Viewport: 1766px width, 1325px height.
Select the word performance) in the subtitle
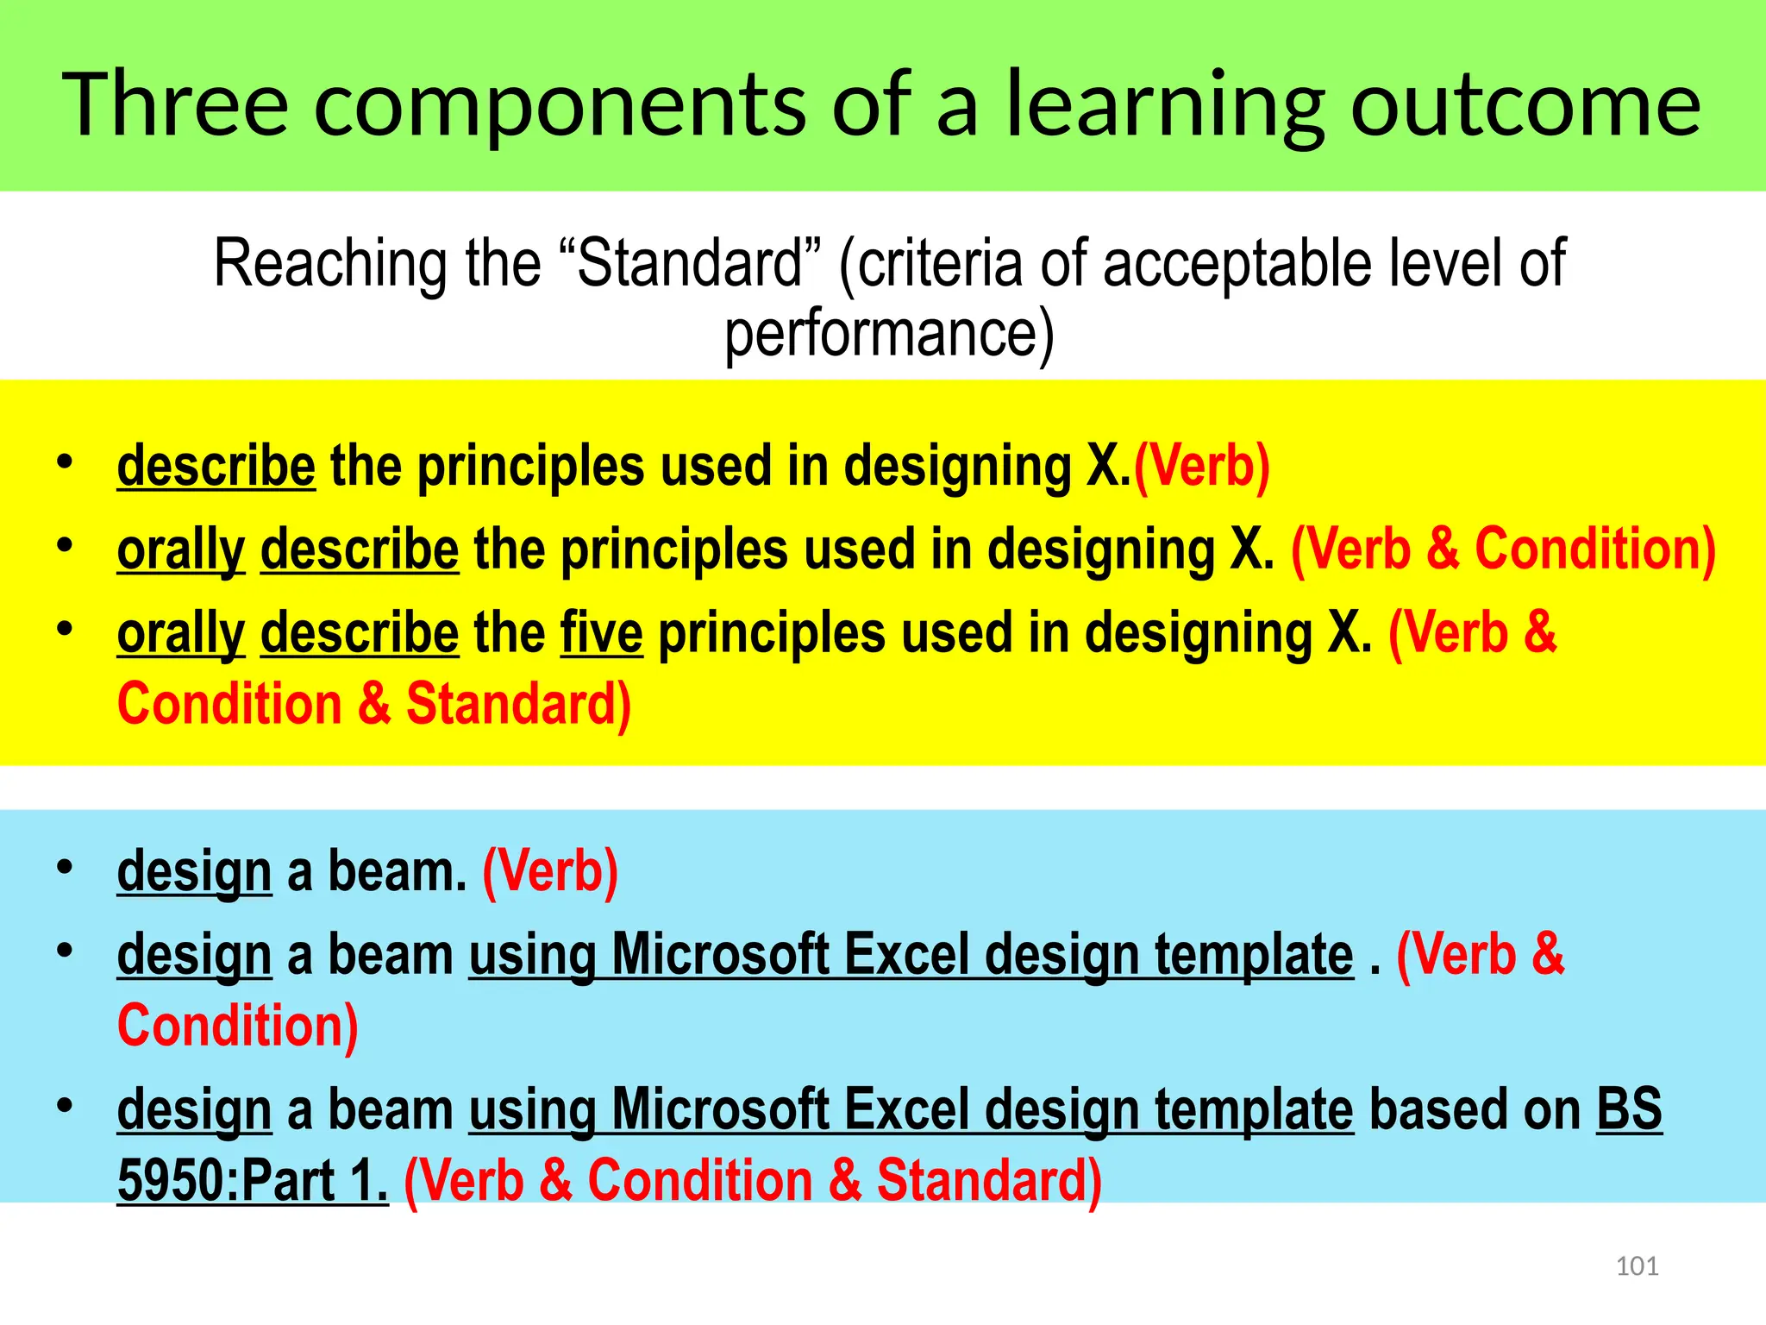point(889,335)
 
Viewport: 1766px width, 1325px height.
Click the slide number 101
point(1637,1266)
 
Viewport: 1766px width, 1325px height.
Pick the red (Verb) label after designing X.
point(1201,467)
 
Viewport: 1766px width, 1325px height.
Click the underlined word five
point(601,633)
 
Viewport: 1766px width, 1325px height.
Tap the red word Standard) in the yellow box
point(518,704)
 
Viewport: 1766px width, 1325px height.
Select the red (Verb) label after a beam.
point(550,871)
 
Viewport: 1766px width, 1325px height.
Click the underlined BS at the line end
point(1628,1109)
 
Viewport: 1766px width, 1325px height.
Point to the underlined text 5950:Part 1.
point(253,1181)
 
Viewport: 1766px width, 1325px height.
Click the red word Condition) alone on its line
point(238,1026)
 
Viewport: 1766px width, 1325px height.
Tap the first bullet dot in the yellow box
point(65,462)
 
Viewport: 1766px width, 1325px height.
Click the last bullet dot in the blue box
point(65,1106)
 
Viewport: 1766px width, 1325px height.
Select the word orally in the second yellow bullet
point(181,550)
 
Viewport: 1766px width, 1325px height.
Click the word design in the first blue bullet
point(194,871)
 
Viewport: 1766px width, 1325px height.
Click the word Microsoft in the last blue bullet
point(719,1109)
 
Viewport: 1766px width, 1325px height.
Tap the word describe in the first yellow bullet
point(216,467)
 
